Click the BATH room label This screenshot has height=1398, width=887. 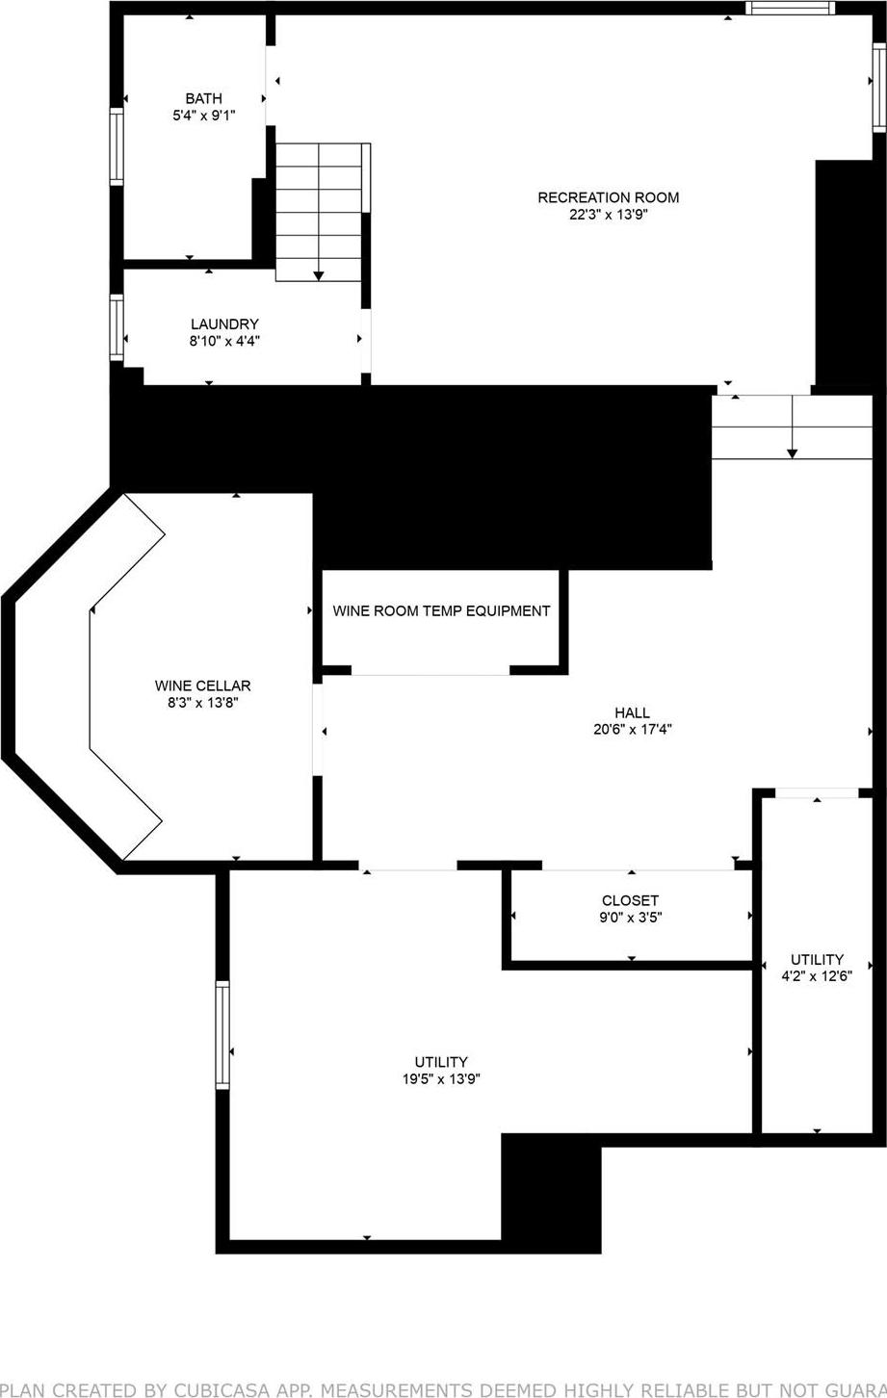203,98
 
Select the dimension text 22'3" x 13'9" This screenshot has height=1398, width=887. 608,216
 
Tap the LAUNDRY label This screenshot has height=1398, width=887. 224,324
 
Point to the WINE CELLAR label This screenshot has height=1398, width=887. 202,686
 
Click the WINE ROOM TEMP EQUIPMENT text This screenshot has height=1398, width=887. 441,610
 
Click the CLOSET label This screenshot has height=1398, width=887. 630,900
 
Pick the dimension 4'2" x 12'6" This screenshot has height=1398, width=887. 817,975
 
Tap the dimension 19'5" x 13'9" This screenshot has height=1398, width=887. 441,1079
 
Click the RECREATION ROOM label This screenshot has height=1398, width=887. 608,197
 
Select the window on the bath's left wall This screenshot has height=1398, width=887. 117,146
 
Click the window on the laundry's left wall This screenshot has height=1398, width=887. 117,327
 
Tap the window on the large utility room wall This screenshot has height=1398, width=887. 222,1035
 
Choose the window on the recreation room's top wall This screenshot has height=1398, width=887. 790,9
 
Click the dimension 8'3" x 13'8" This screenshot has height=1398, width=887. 202,704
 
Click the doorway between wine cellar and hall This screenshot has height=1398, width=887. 318,730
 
